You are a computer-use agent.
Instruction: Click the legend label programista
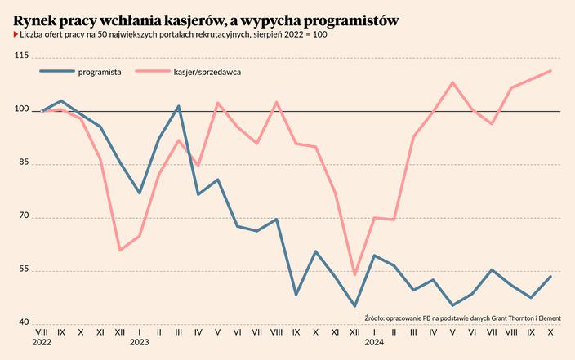pyautogui.click(x=100, y=72)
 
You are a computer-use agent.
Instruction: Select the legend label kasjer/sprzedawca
pyautogui.click(x=206, y=72)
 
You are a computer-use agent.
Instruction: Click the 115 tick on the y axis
pyautogui.click(x=21, y=56)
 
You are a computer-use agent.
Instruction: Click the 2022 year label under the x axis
pyautogui.click(x=42, y=344)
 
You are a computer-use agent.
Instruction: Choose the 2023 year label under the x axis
pyautogui.click(x=140, y=344)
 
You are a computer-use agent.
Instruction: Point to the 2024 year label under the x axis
pyautogui.click(x=374, y=344)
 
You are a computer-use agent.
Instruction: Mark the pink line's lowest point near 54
pyautogui.click(x=354, y=275)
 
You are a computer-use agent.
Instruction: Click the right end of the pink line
pyautogui.click(x=550, y=71)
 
